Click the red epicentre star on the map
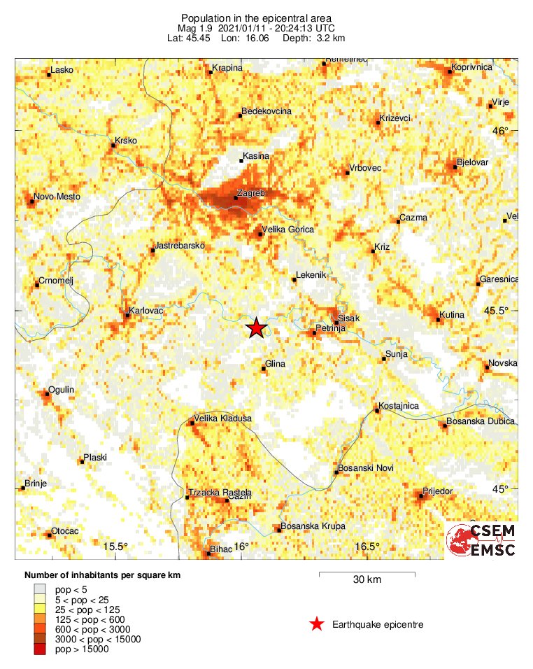[x=257, y=328]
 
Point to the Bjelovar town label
[x=472, y=162]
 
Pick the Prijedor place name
[x=438, y=491]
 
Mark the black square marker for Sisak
[x=335, y=323]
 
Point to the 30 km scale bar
[x=367, y=575]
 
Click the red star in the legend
[x=317, y=624]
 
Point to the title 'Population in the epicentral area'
[x=256, y=17]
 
